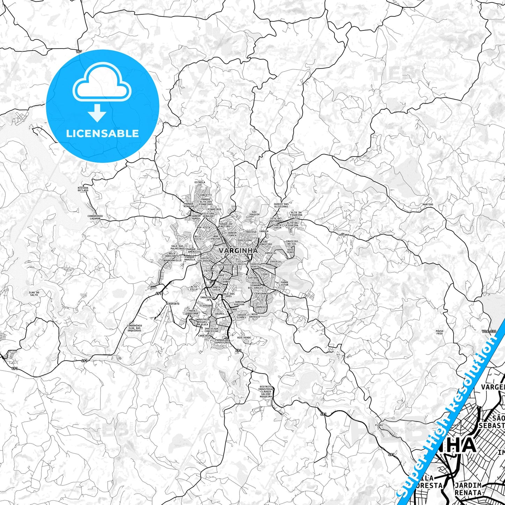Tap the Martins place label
(x=427, y=204)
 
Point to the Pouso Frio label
(x=439, y=332)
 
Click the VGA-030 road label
(x=489, y=331)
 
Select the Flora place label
(x=379, y=425)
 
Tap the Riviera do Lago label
(x=83, y=189)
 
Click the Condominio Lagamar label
(x=95, y=217)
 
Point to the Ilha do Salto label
(x=34, y=294)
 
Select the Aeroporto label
(x=173, y=304)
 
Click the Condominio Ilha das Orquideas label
(x=135, y=328)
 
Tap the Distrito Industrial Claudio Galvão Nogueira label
(x=266, y=392)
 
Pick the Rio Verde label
(x=244, y=338)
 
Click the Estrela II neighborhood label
(x=200, y=183)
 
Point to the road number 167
(x=79, y=51)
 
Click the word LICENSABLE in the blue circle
(x=102, y=134)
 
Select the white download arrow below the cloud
(x=97, y=112)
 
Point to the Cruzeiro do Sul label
(x=292, y=242)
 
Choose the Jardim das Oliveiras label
(x=281, y=205)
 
